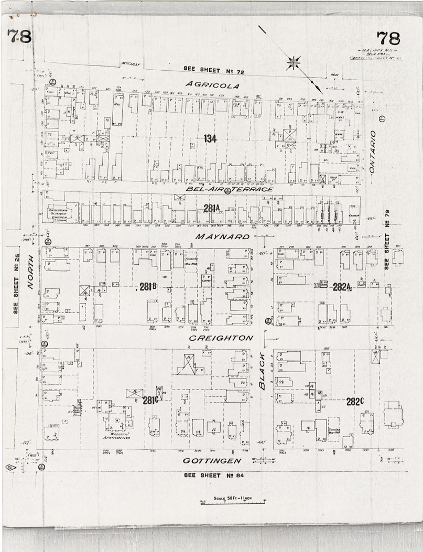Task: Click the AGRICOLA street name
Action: pos(213,85)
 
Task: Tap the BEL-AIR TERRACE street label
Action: pos(230,189)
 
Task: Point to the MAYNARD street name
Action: pos(222,237)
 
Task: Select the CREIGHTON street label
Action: pos(221,338)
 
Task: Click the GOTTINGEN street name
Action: pos(212,461)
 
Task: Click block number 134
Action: pos(210,138)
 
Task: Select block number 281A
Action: pos(211,209)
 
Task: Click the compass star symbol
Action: pos(294,63)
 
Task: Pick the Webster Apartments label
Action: pos(116,435)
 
